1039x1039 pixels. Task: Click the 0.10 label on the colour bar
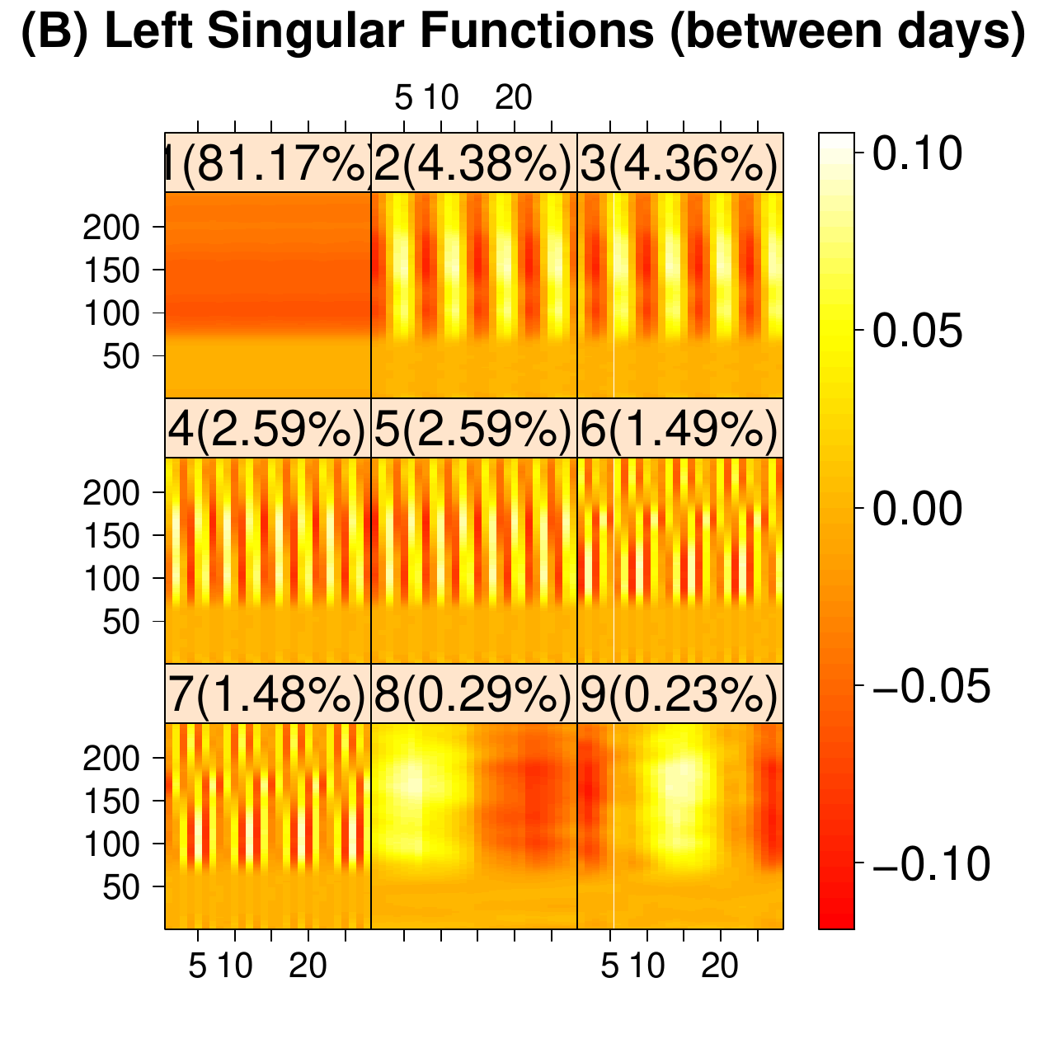(917, 153)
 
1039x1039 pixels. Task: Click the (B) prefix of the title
(53, 35)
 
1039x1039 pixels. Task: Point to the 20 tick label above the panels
(514, 99)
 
